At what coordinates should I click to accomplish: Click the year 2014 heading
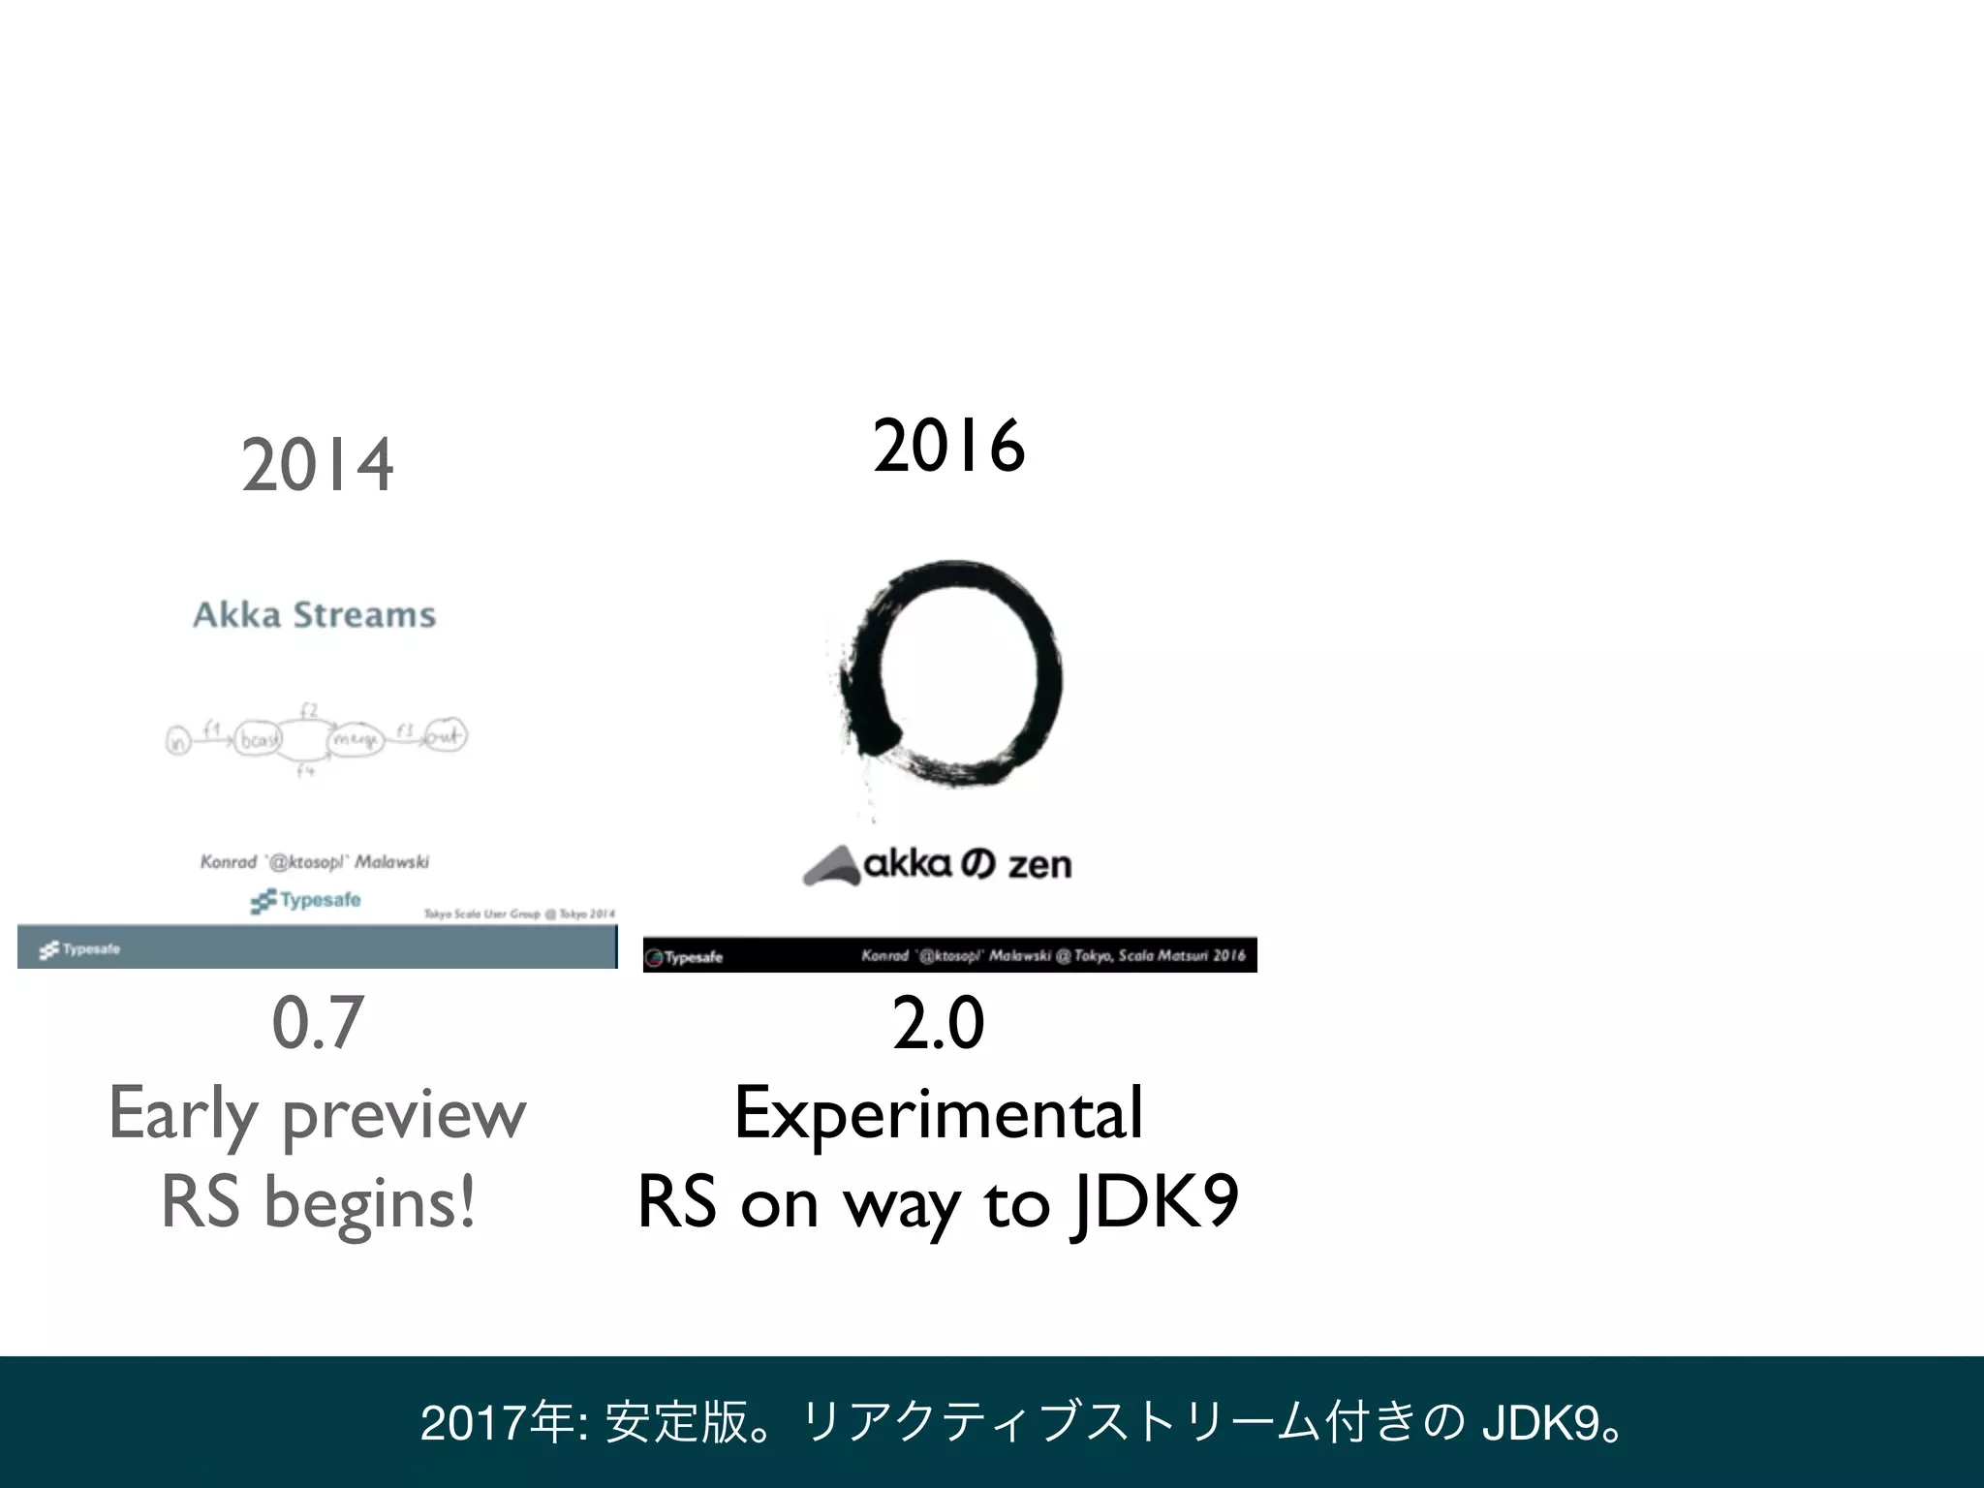317,466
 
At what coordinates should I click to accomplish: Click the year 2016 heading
948,447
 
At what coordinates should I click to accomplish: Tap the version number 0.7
317,1023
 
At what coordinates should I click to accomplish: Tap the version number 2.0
938,1023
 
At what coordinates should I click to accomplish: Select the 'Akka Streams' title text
314,615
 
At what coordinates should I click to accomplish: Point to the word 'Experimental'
938,1113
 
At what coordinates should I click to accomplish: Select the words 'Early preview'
317,1115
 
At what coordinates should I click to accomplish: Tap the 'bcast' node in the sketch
258,740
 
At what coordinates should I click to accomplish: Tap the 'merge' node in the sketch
356,740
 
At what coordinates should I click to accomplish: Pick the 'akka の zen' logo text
967,863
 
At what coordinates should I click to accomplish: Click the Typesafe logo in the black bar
685,957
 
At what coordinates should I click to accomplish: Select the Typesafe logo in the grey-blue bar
80,949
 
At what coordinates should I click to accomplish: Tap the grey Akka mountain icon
831,865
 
